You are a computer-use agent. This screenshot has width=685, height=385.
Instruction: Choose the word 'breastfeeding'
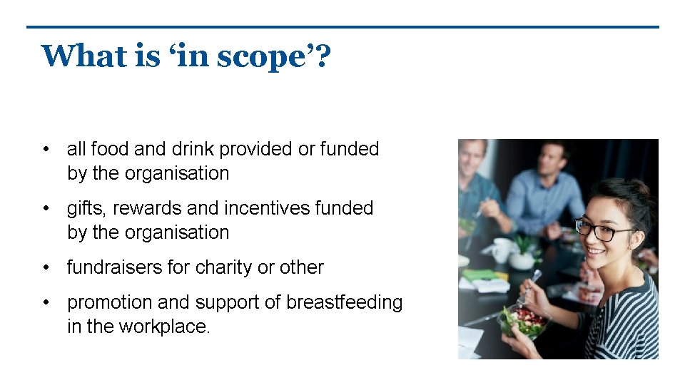click(344, 302)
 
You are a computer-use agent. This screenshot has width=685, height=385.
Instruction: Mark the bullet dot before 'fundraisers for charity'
click(46, 267)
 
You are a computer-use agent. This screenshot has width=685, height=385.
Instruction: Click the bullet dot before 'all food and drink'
click(46, 149)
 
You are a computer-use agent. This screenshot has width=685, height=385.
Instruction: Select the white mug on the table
click(502, 249)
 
